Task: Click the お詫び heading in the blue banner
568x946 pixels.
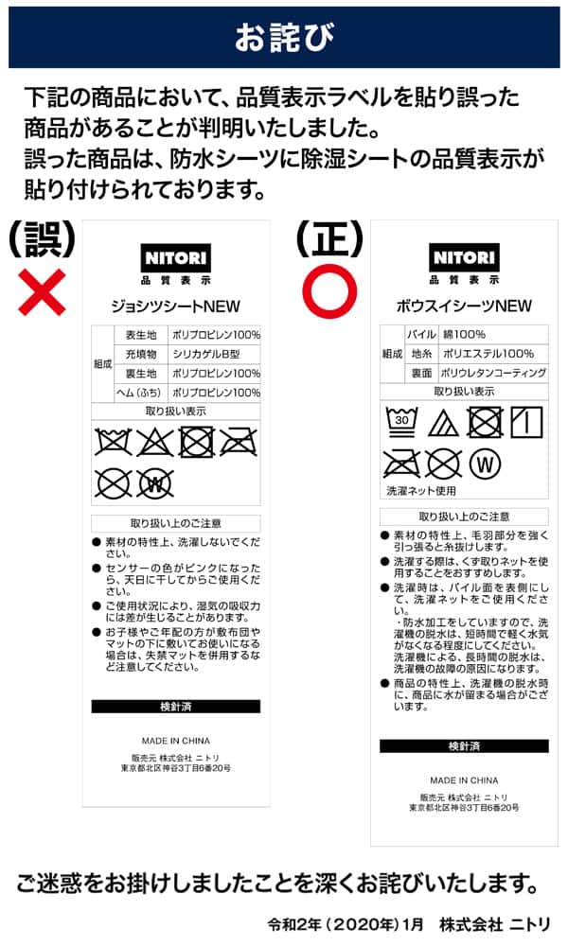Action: tap(284, 37)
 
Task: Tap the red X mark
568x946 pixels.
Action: tap(43, 291)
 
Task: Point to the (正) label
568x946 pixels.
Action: tap(329, 238)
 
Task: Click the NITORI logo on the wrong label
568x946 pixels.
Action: tap(176, 257)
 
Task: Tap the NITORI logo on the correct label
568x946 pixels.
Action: tap(464, 257)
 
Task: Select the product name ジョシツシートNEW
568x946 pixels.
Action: tap(176, 306)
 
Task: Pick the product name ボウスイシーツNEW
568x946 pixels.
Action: tap(464, 306)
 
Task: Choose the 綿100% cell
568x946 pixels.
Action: tap(462, 334)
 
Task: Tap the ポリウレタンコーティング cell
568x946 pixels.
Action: tap(492, 373)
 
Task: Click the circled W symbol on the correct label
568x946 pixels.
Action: tap(484, 464)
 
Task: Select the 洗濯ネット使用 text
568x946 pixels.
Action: tap(421, 491)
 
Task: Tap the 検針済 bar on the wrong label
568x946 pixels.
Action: tap(176, 706)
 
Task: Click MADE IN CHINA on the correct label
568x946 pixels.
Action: tap(464, 780)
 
